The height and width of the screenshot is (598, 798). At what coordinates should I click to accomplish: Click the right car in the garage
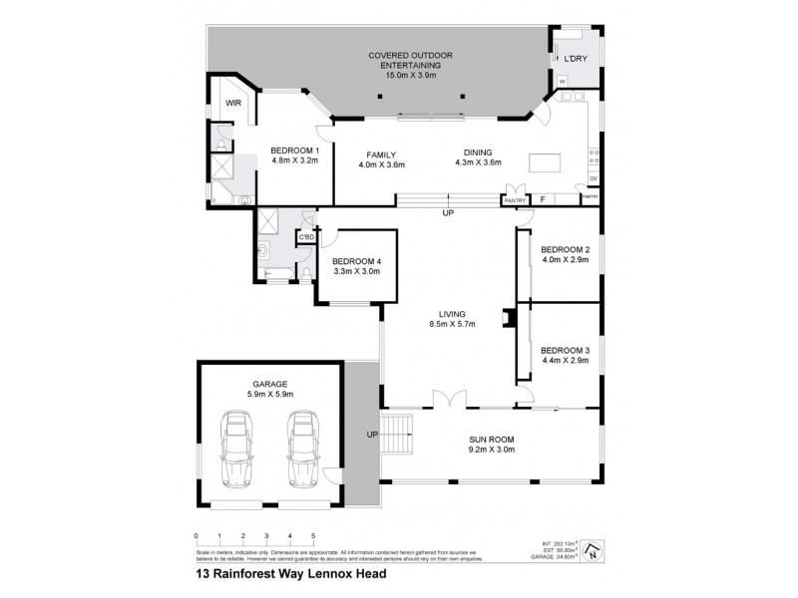pyautogui.click(x=303, y=448)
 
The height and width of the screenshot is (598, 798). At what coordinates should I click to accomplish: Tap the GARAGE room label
pyautogui.click(x=270, y=384)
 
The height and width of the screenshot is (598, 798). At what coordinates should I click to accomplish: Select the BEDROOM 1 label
pyautogui.click(x=294, y=150)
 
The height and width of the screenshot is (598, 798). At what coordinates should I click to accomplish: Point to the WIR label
pyautogui.click(x=233, y=103)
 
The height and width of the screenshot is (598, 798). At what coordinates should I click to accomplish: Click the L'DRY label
pyautogui.click(x=576, y=60)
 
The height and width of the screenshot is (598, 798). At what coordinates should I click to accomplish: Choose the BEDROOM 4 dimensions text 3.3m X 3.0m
pyautogui.click(x=358, y=270)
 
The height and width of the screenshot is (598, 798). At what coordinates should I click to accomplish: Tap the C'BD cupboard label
pyautogui.click(x=306, y=237)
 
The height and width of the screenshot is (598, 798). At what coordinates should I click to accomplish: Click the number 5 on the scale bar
pyautogui.click(x=313, y=535)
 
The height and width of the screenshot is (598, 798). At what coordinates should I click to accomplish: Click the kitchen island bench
pyautogui.click(x=544, y=163)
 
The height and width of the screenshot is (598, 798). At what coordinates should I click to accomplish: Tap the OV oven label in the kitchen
pyautogui.click(x=593, y=178)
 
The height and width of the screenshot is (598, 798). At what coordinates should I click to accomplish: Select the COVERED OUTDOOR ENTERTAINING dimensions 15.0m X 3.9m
pyautogui.click(x=410, y=75)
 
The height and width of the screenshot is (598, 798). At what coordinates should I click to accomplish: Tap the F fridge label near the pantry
pyautogui.click(x=542, y=199)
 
